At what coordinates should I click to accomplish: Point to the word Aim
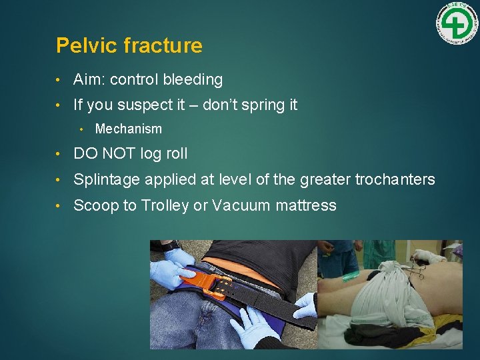click(89, 80)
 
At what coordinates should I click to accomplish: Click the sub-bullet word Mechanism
click(128, 129)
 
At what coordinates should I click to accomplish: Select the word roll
click(177, 154)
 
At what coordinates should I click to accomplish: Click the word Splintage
click(106, 180)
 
